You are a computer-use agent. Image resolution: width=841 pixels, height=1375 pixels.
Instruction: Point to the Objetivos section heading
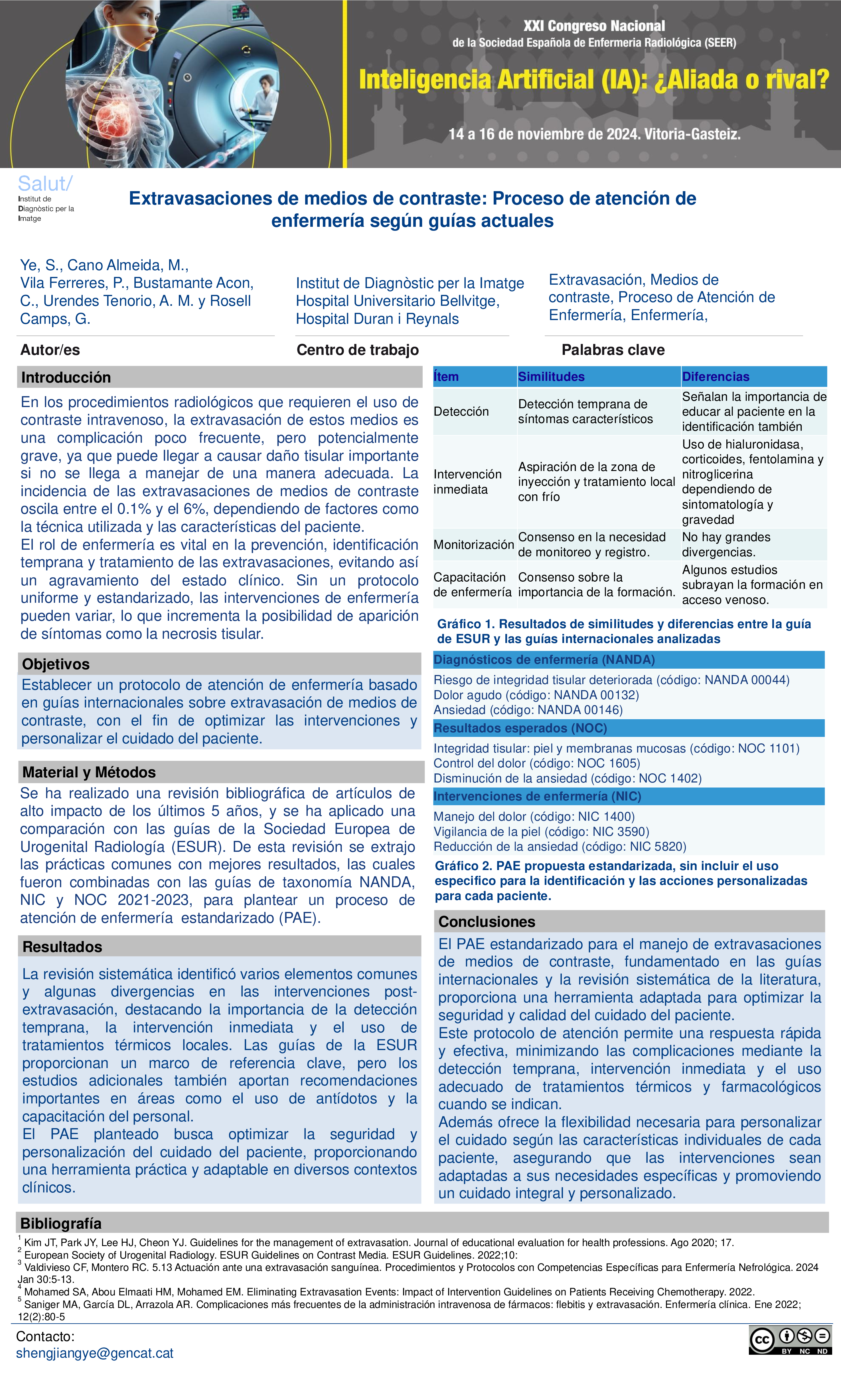pos(56,664)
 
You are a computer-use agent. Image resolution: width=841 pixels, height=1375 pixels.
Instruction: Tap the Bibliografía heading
pos(61,1224)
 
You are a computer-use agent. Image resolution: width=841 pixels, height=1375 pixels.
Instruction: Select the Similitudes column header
pos(552,377)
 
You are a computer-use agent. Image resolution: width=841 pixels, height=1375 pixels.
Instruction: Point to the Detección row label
pos(461,411)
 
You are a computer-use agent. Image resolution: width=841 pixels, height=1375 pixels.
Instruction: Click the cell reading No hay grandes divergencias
pos(726,545)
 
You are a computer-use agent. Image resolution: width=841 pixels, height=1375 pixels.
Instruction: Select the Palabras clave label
pos(613,350)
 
